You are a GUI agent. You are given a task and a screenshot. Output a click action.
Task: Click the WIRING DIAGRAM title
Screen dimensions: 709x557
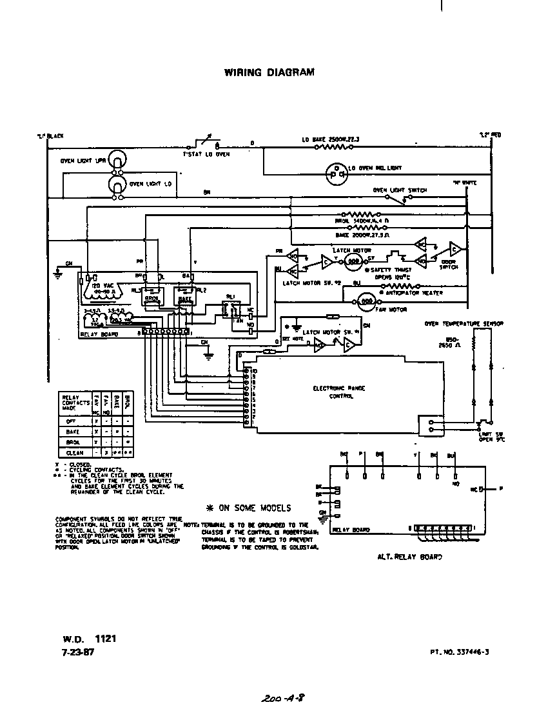point(269,72)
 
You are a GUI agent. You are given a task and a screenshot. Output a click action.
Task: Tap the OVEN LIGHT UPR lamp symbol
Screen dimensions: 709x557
point(116,159)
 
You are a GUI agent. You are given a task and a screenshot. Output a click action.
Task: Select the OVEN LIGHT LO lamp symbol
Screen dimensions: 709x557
point(116,185)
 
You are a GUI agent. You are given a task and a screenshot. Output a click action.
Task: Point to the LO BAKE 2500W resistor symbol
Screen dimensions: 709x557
point(333,147)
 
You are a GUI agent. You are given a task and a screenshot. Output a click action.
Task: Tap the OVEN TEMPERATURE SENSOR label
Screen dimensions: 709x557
point(464,323)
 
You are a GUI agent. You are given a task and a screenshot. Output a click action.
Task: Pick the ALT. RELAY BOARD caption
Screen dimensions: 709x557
point(409,556)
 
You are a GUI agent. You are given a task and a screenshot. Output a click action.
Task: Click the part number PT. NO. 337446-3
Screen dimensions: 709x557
point(459,652)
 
